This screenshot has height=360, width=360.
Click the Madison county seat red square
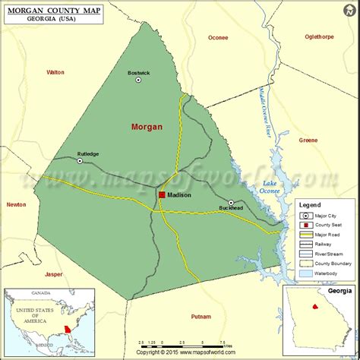pyautogui.click(x=162, y=195)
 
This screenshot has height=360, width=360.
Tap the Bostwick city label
pyautogui.click(x=139, y=72)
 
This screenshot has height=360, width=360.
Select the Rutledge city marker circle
pyautogui.click(x=79, y=160)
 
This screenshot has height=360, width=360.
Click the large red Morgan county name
pyautogui.click(x=147, y=127)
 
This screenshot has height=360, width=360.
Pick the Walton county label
pyautogui.click(x=55, y=72)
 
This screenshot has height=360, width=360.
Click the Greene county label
pyautogui.click(x=308, y=141)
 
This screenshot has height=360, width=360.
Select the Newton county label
pyautogui.click(x=16, y=204)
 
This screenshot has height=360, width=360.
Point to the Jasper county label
pyautogui.click(x=54, y=273)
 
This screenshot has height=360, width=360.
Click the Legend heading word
pyautogui.click(x=310, y=205)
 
